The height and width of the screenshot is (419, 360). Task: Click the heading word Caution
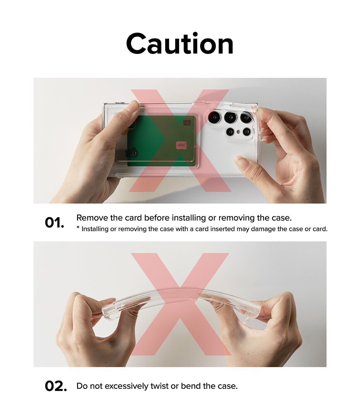pyautogui.click(x=180, y=44)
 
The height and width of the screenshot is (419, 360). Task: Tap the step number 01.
pyautogui.click(x=54, y=223)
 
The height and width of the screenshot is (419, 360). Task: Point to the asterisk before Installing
pyautogui.click(x=78, y=227)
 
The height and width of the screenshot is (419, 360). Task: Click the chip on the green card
pyautogui.click(x=181, y=145)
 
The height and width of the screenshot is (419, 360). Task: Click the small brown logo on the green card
pyautogui.click(x=186, y=123)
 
